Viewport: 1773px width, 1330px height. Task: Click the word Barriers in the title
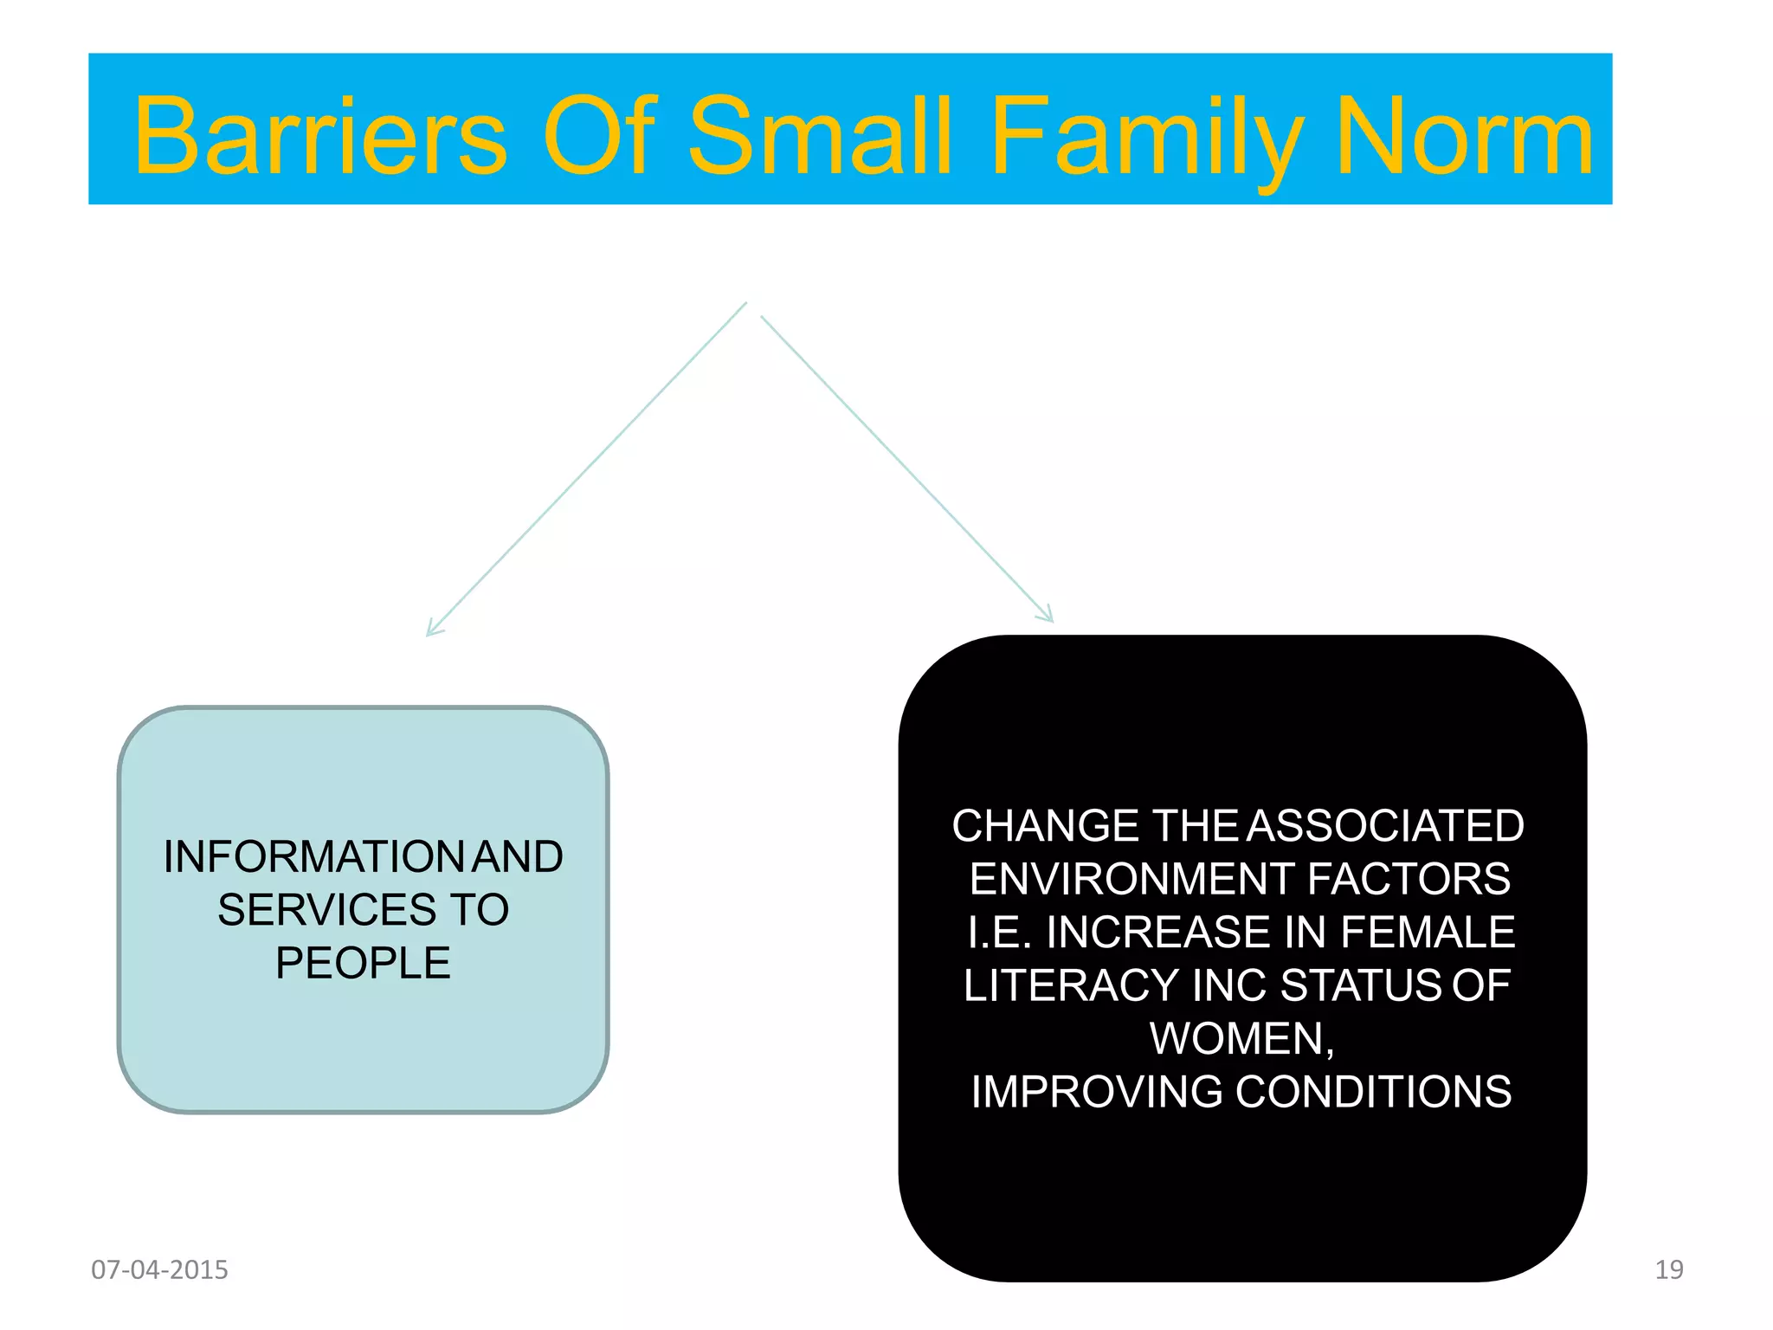click(x=320, y=136)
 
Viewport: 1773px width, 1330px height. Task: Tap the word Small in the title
click(x=820, y=136)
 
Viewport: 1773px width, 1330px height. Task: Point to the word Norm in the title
click(x=1465, y=136)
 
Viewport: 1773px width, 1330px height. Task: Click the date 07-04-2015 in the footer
click(x=159, y=1269)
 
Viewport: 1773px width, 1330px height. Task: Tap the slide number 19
click(x=1668, y=1269)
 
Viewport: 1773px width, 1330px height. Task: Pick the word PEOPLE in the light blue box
click(x=363, y=963)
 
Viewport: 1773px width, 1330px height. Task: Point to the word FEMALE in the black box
click(x=1428, y=932)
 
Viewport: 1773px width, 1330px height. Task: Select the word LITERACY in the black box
click(x=1071, y=985)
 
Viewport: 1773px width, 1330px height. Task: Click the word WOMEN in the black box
click(x=1237, y=1038)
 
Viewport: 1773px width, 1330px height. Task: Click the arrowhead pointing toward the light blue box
click(x=432, y=630)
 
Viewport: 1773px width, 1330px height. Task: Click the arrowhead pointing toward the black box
click(x=1048, y=616)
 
